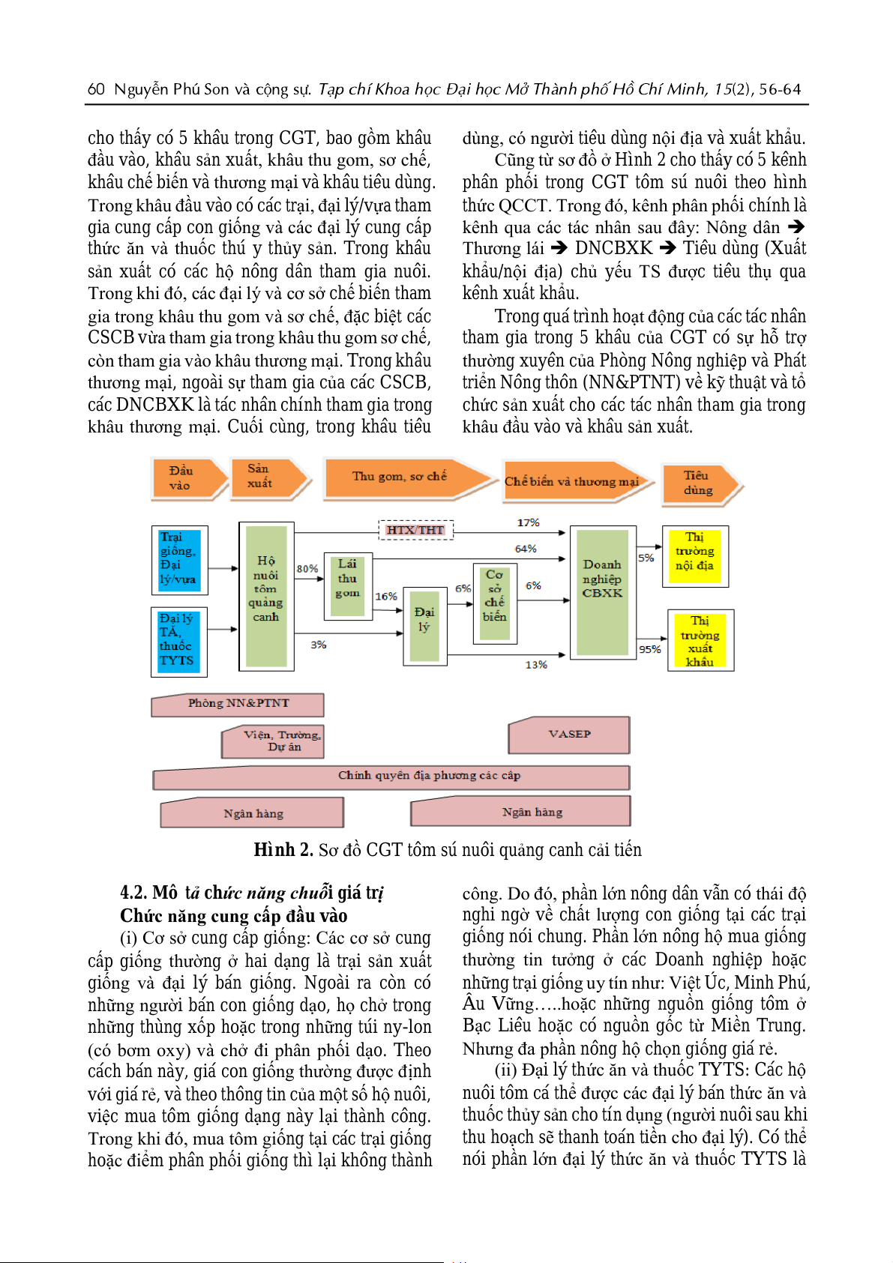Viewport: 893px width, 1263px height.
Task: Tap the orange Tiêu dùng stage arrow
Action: (698, 483)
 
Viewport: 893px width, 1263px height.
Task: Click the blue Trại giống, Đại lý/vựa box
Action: (179, 559)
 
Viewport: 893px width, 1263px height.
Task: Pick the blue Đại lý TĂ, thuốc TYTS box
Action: (178, 641)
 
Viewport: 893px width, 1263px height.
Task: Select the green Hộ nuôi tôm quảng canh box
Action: (266, 596)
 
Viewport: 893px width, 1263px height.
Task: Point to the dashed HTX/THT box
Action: (415, 530)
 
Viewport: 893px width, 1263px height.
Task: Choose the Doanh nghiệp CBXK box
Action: (603, 592)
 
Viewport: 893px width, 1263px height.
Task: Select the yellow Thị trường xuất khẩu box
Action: (700, 640)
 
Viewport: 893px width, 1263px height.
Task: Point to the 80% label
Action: (307, 569)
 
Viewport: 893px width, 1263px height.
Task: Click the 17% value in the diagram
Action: (528, 522)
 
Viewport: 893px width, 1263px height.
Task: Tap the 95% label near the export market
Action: (649, 649)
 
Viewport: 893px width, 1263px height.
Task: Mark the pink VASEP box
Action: (569, 735)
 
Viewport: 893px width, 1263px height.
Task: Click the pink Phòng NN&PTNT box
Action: (238, 704)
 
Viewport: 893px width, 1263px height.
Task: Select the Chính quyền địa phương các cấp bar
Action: (429, 777)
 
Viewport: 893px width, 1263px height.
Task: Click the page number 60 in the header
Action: (96, 89)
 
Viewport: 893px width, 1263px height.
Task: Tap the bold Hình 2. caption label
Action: (283, 849)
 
